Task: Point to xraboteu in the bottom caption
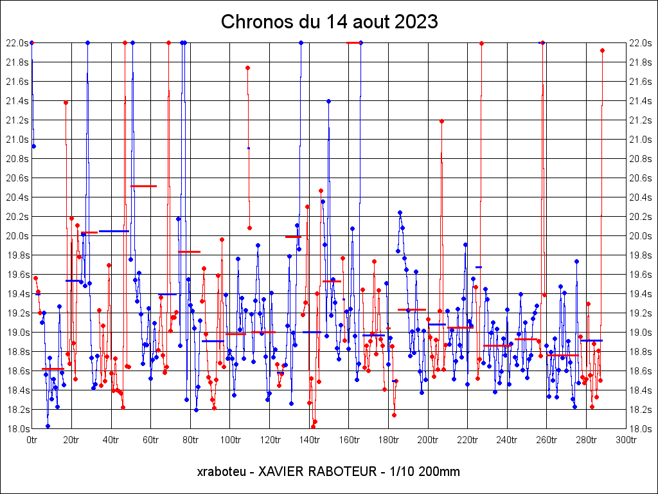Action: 222,471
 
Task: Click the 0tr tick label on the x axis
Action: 31,440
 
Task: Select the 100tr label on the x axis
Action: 229,440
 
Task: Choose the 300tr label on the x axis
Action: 626,440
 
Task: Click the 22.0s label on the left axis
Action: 17,43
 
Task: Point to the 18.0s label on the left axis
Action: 17,429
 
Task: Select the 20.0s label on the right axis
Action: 641,236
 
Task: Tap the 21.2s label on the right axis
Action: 641,120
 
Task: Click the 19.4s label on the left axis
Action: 17,294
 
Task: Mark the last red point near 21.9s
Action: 602,50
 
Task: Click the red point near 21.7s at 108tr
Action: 247,68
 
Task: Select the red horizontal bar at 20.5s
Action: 144,186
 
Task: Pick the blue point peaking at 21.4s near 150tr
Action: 328,101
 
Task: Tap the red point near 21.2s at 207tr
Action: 441,121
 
